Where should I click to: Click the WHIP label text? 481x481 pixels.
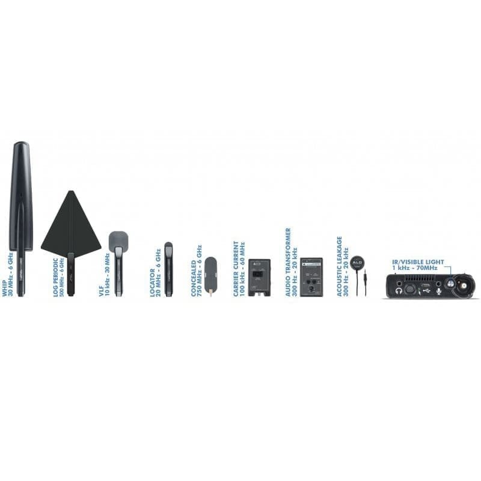click(4, 289)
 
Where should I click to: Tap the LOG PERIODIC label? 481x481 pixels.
click(55, 277)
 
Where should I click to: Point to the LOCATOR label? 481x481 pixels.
click(153, 283)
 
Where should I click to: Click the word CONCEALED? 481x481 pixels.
click(194, 278)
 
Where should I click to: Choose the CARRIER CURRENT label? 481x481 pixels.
click(236, 269)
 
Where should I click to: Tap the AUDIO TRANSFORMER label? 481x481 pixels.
click(288, 262)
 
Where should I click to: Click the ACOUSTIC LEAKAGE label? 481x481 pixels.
click(339, 266)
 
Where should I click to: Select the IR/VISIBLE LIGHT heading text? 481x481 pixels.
click(418, 262)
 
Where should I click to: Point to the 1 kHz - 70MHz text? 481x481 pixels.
click(415, 268)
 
